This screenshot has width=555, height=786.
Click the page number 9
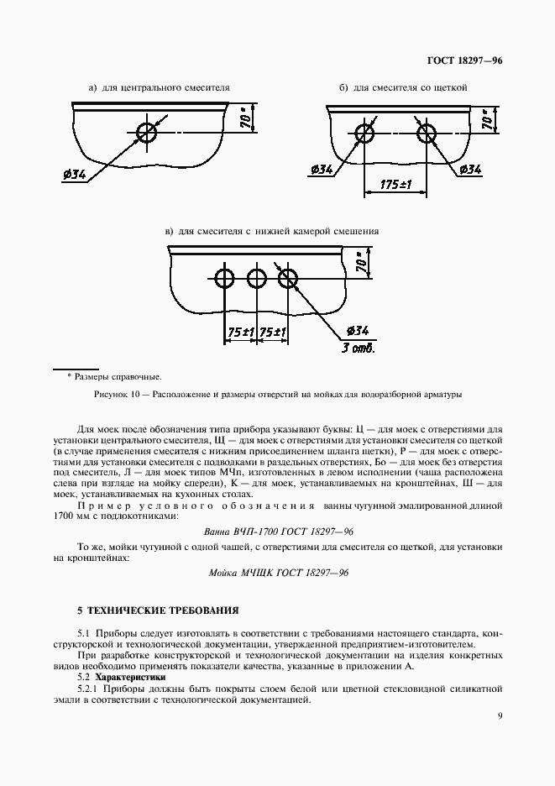click(500, 716)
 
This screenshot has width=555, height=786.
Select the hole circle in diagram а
click(148, 132)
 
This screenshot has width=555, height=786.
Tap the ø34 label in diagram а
click(74, 175)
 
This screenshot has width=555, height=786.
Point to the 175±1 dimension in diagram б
click(394, 184)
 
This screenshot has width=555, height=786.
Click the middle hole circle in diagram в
click(256, 278)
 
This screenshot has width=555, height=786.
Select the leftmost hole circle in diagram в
click(224, 278)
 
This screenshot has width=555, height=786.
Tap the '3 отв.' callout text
click(358, 348)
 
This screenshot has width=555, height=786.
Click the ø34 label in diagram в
click(358, 330)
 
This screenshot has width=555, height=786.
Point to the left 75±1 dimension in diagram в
click(240, 333)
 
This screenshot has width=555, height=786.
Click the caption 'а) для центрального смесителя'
click(160, 87)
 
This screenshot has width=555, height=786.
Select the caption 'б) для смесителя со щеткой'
click(403, 87)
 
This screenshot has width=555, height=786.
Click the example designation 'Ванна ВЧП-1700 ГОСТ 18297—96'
click(280, 532)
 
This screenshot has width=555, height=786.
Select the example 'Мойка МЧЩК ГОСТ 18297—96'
click(278, 572)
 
